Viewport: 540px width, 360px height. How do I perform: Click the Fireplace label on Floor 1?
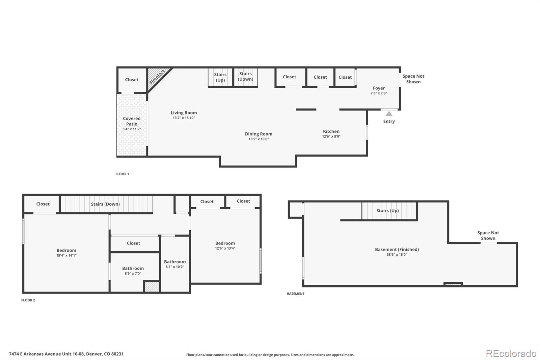157,77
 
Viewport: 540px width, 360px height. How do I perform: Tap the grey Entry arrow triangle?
389,114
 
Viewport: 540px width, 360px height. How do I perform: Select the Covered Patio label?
132,121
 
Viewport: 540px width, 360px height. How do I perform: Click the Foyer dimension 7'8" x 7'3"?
379,93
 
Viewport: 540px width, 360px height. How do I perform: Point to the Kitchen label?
331,131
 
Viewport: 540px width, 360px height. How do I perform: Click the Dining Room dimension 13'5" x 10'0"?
259,139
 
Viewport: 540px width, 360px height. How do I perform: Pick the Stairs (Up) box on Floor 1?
220,77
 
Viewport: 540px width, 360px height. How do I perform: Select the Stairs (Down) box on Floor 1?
245,77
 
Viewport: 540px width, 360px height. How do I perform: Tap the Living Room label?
184,113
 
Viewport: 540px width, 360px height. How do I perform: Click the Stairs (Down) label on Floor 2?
105,204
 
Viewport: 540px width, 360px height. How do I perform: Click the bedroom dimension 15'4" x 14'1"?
66,256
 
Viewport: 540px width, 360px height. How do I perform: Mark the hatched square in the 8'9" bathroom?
152,287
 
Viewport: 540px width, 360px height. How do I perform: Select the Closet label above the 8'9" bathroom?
133,243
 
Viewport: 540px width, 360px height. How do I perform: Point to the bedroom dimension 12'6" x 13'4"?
225,248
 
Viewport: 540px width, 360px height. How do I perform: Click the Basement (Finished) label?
397,249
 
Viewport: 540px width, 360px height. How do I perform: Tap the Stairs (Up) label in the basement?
387,210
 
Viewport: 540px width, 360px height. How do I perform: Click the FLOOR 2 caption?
28,300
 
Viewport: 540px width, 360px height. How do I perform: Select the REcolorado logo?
511,354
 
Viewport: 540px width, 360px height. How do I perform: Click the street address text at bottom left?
66,354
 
